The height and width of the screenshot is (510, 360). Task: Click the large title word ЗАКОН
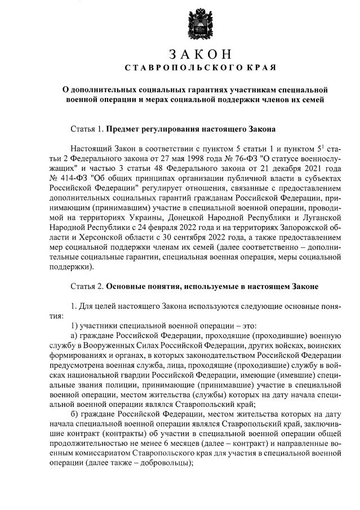200,54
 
